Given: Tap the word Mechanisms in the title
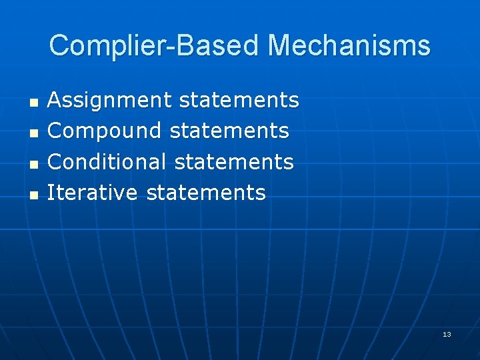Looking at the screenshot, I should (349, 46).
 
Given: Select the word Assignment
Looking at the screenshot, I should (110, 101).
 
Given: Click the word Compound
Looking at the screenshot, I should (105, 131).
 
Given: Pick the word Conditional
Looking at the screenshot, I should (107, 161).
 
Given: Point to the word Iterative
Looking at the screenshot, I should (92, 193).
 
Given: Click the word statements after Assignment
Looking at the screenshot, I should (239, 101).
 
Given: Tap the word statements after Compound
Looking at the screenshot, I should (229, 131).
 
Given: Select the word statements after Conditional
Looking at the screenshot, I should (233, 161).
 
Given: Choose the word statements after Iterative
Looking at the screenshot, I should (205, 193).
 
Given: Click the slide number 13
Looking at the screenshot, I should (447, 334).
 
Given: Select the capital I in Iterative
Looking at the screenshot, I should (51, 193).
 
